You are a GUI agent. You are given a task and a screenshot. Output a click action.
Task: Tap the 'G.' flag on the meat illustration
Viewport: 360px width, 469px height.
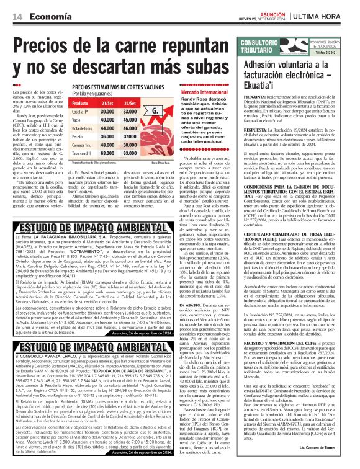[x=163, y=112]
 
